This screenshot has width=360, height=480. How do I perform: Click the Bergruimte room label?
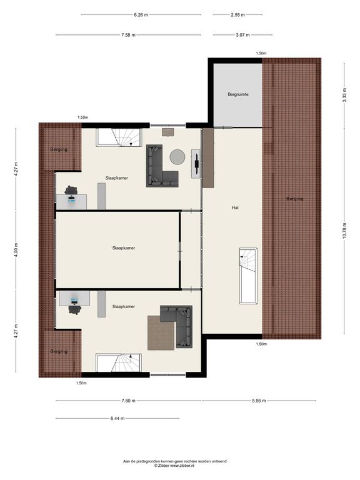(x=238, y=94)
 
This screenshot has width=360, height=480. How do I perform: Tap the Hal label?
(x=235, y=207)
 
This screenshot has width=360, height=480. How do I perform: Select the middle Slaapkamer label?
(x=123, y=248)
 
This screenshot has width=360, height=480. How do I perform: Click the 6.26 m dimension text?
(x=141, y=14)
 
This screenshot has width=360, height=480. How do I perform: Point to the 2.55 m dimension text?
(x=237, y=14)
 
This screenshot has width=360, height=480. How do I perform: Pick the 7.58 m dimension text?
(x=128, y=35)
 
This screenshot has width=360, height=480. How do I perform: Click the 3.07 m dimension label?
(x=242, y=35)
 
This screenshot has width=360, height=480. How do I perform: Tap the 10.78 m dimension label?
(x=344, y=230)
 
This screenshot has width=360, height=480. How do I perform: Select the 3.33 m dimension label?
(x=344, y=95)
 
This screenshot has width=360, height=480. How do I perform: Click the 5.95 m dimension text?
(x=259, y=401)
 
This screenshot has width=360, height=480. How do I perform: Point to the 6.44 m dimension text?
(x=117, y=419)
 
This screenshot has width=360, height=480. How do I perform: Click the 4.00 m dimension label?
(x=16, y=250)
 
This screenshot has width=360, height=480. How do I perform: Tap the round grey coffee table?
(x=177, y=157)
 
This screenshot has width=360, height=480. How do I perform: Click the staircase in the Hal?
(x=248, y=276)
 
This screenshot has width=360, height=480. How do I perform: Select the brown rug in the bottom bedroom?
(x=161, y=332)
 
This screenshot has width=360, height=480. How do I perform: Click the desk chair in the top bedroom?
(x=71, y=190)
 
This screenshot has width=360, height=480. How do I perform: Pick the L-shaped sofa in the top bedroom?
(x=162, y=166)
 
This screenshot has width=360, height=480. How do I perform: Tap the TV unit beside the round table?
(x=196, y=164)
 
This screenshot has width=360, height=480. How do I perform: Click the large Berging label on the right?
(x=295, y=199)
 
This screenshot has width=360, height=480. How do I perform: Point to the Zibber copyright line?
(x=174, y=466)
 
